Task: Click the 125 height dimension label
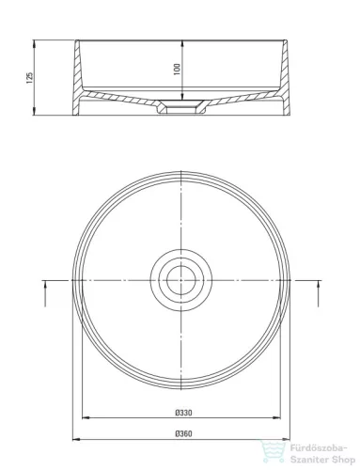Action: point(29,78)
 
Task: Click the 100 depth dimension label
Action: point(177,70)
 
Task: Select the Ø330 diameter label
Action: point(183,413)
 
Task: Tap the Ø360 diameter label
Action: point(183,434)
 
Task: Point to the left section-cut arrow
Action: point(45,293)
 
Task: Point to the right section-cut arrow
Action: point(319,293)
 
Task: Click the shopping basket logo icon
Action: point(273,451)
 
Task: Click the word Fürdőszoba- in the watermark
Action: point(319,448)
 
